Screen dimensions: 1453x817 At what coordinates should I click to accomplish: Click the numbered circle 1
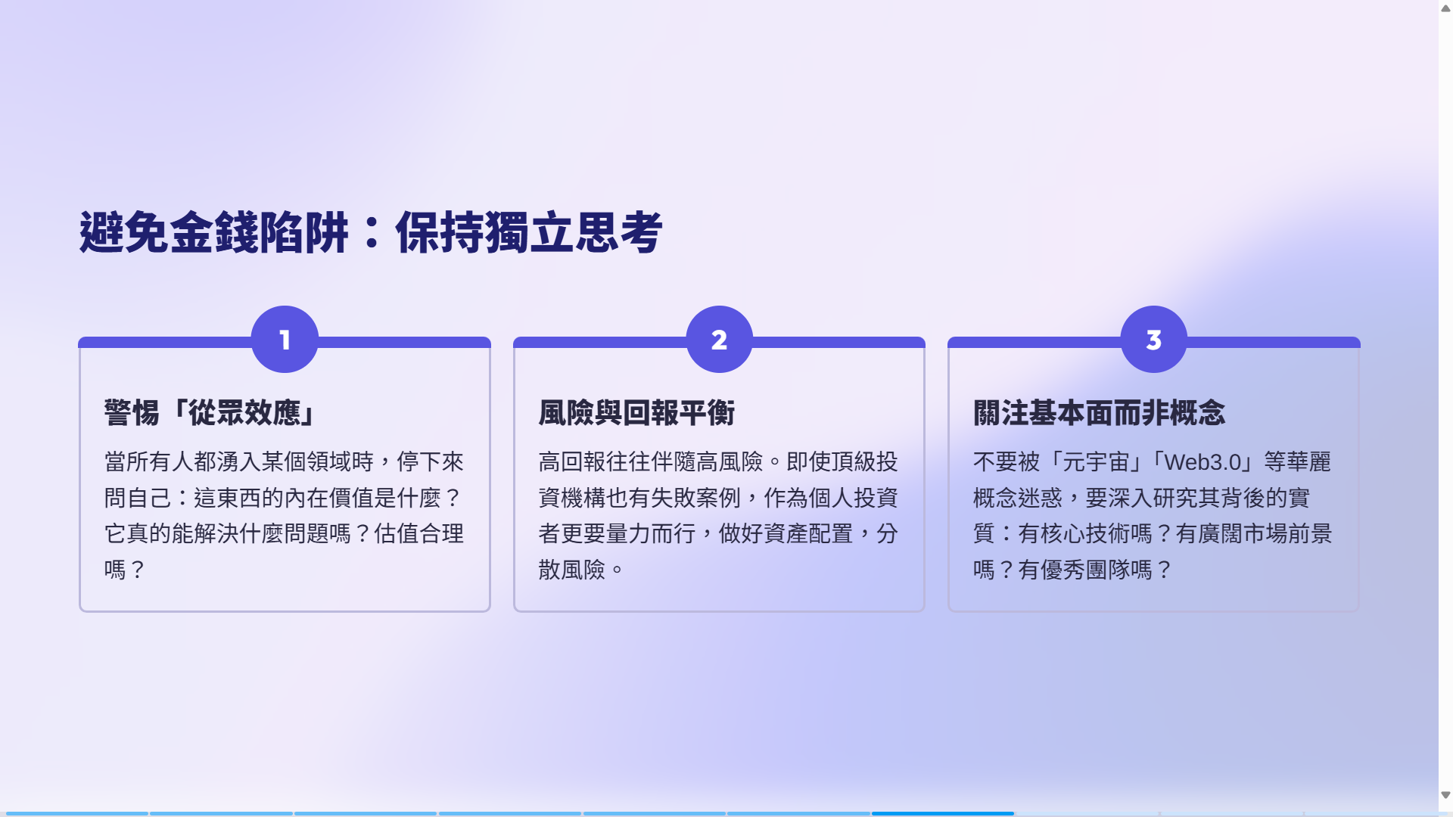285,339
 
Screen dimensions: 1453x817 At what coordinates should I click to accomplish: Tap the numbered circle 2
719,339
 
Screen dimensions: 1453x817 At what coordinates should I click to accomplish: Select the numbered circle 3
1153,339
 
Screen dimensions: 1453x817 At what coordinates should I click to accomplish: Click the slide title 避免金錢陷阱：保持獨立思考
371,232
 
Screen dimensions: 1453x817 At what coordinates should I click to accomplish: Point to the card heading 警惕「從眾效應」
211,413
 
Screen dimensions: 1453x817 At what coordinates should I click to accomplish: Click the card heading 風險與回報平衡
636,413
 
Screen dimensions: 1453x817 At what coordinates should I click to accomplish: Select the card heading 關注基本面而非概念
1099,413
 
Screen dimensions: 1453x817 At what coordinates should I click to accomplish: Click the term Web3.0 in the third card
1203,461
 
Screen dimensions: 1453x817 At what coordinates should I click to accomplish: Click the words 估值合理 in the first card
418,533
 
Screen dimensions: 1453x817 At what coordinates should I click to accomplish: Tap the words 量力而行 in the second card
651,533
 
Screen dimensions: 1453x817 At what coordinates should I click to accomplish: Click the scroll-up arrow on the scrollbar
1445,8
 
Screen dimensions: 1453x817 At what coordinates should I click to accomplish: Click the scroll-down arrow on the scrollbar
1445,795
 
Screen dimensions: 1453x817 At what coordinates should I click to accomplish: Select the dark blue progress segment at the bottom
942,813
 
